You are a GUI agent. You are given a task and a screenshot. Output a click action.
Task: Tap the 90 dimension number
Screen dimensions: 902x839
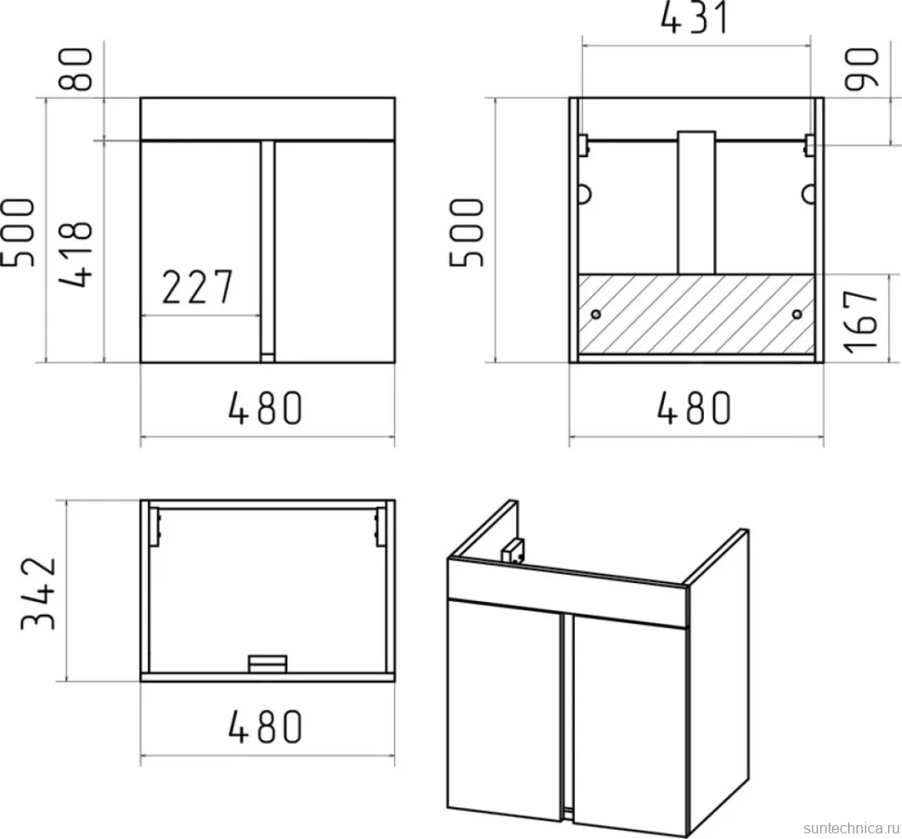coord(862,69)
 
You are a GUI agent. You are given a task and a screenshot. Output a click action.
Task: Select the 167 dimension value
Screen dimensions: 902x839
coord(862,320)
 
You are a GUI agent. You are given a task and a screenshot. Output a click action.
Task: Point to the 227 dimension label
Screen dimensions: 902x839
coord(197,286)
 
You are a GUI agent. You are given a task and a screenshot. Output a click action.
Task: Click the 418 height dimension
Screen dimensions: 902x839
coord(76,253)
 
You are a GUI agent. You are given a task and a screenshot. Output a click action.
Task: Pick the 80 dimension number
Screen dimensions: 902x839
coord(76,69)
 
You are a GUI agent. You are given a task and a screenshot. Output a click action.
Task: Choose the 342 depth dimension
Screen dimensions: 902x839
coord(39,593)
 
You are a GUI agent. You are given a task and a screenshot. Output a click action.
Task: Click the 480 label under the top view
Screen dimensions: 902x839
coord(265,726)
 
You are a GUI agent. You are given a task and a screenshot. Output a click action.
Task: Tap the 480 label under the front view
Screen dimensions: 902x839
coord(265,408)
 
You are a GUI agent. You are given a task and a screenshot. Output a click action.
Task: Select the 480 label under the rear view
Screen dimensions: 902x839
coord(693,408)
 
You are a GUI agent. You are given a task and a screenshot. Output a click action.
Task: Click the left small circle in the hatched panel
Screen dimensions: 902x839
coord(596,314)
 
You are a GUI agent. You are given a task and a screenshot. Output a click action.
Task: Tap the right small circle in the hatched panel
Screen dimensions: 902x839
coord(797,314)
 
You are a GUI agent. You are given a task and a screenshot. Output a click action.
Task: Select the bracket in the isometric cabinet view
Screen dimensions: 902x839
coord(512,552)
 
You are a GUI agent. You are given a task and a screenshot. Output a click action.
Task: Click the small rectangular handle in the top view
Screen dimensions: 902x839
coord(268,663)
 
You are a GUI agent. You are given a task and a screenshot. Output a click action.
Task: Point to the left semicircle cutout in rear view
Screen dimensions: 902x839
coord(585,194)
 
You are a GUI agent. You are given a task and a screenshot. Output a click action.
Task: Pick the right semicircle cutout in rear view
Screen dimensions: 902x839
coord(808,194)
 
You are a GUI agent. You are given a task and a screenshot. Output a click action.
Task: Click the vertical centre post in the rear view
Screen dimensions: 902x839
coord(696,203)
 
